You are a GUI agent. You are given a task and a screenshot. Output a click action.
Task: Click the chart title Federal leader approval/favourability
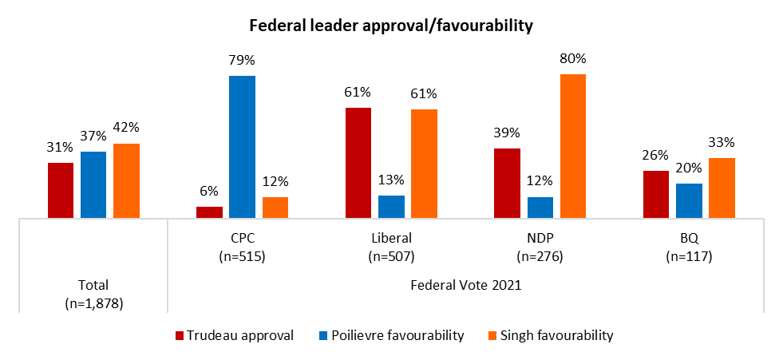tap(391, 26)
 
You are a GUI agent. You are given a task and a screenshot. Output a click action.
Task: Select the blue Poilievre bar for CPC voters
tap(242, 146)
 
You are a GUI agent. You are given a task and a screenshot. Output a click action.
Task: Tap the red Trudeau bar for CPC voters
tap(209, 212)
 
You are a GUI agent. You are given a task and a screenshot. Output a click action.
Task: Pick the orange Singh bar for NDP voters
tap(572, 145)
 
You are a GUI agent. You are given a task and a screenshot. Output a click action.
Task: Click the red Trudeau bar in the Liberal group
tap(358, 162)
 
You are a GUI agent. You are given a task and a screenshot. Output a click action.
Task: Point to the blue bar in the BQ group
tap(689, 200)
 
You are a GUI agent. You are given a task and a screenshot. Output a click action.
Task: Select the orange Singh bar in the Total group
tap(126, 180)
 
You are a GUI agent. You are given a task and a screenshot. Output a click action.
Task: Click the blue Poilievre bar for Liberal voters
tap(391, 206)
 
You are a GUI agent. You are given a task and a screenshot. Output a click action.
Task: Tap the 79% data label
tap(242, 61)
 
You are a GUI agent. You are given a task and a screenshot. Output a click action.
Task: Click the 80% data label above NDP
tap(572, 58)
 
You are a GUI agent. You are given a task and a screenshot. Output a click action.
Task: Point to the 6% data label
tap(209, 192)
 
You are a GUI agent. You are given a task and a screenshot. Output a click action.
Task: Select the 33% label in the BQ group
tap(722, 143)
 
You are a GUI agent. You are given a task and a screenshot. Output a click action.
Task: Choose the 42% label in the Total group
tap(126, 128)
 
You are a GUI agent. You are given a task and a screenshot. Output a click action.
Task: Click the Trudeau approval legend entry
tap(235, 335)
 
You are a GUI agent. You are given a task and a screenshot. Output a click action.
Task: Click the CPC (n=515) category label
tap(242, 247)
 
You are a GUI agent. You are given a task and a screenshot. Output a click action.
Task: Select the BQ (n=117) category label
tap(689, 247)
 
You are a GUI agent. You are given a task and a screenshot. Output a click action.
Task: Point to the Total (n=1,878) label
tap(93, 294)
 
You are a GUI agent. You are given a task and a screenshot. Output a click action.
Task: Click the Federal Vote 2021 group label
tap(465, 285)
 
